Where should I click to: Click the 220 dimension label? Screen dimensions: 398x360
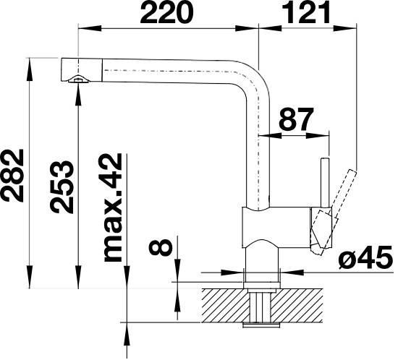pyautogui.click(x=166, y=12)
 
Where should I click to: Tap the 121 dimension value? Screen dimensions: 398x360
pyautogui.click(x=306, y=12)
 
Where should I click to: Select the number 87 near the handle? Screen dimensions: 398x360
pyautogui.click(x=295, y=119)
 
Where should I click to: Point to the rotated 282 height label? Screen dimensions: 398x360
pyautogui.click(x=13, y=175)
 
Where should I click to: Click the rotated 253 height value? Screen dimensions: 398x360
pyautogui.click(x=62, y=187)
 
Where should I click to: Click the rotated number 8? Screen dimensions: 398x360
pyautogui.click(x=161, y=247)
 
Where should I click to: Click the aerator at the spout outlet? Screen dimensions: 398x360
pyautogui.click(x=78, y=80)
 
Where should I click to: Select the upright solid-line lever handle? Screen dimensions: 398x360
pyautogui.click(x=325, y=183)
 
